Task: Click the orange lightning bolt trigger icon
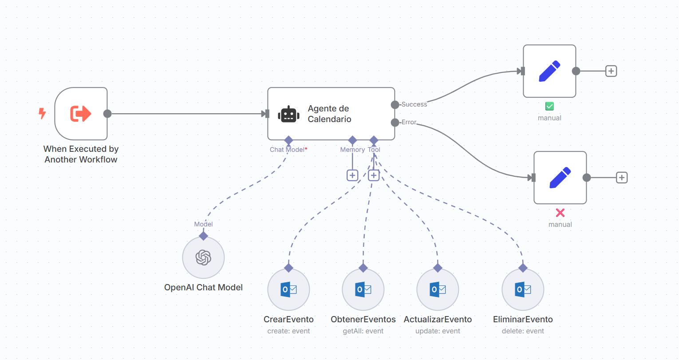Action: click(x=42, y=114)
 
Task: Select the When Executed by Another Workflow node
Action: click(x=81, y=114)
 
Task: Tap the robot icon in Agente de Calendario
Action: click(x=288, y=115)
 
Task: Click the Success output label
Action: click(x=414, y=104)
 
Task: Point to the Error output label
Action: click(x=409, y=122)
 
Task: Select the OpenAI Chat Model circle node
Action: click(x=203, y=257)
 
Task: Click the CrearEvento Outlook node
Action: click(x=288, y=289)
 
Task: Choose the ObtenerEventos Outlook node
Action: click(x=363, y=289)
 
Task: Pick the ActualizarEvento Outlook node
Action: click(x=438, y=289)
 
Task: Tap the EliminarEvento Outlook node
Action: click(x=523, y=289)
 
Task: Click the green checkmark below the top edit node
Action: click(x=549, y=106)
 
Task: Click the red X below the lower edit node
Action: click(x=560, y=213)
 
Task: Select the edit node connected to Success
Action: click(x=549, y=71)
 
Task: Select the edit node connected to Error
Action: click(x=560, y=178)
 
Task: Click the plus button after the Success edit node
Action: click(x=611, y=71)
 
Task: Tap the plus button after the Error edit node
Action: click(x=622, y=178)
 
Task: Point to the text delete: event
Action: click(x=523, y=331)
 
